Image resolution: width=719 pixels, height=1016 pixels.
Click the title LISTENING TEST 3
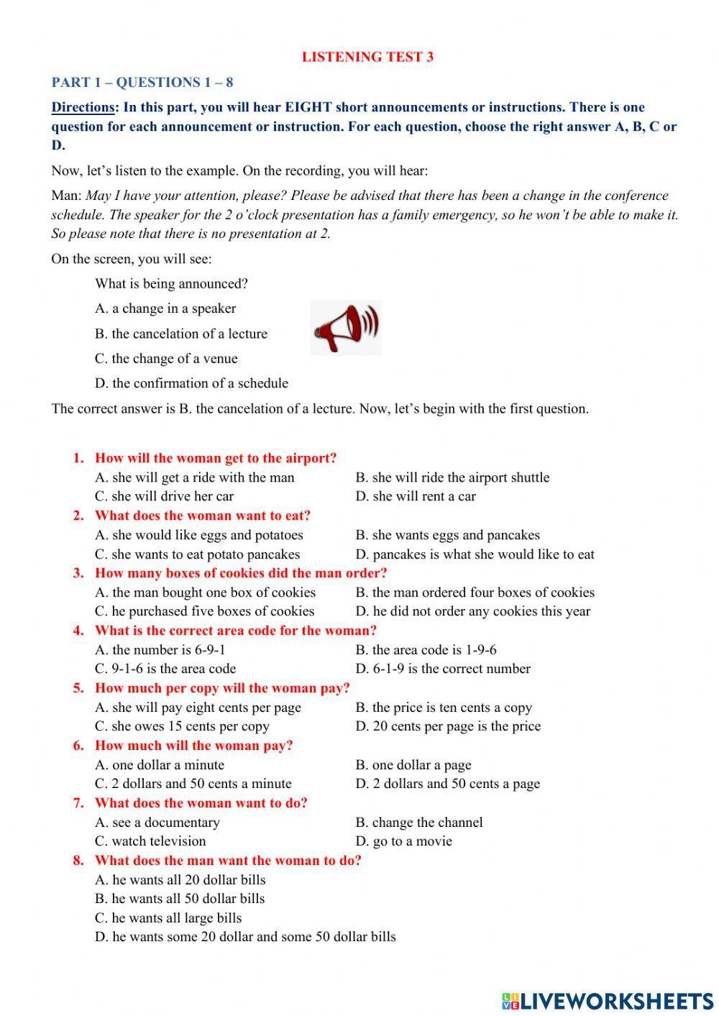tap(367, 57)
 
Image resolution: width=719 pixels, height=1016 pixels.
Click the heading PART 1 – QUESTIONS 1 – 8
tap(142, 82)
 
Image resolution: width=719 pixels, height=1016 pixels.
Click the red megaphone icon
tap(346, 328)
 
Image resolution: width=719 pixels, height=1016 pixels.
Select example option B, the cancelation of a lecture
tap(180, 334)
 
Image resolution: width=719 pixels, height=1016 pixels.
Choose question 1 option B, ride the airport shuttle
tap(452, 477)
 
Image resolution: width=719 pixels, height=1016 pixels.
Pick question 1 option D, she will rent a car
tap(415, 496)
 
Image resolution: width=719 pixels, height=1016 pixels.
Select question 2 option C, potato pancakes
tap(197, 554)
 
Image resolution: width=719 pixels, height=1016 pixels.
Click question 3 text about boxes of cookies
tap(240, 573)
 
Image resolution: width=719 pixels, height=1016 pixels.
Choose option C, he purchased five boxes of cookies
tap(204, 611)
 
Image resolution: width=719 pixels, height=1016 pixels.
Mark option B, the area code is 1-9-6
tap(425, 650)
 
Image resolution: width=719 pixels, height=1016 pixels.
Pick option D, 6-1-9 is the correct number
tap(442, 669)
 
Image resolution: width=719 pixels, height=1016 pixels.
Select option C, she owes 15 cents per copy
tap(182, 726)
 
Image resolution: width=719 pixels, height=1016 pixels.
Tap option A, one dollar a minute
tap(159, 765)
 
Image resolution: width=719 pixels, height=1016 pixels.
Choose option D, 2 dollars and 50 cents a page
tap(446, 784)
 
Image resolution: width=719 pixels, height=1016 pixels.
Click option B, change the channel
tap(418, 823)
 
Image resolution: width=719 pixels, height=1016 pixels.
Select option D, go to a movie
tap(403, 841)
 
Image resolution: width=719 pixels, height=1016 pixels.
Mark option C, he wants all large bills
tap(168, 918)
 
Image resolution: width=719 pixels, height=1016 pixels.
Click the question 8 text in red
tap(227, 861)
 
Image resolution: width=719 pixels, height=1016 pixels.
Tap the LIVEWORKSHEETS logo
tap(608, 1000)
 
